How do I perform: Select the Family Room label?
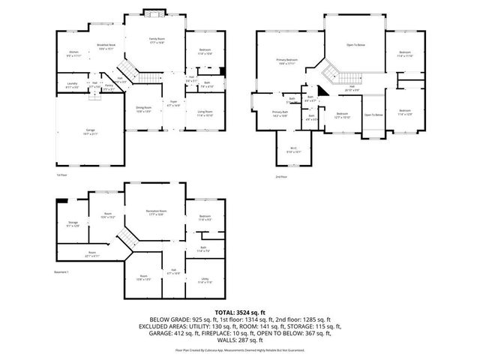pos(157,40)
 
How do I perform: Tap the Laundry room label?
pos(72,85)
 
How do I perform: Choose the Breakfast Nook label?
pos(106,46)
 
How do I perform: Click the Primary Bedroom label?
pos(287,61)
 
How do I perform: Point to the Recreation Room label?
pos(157,213)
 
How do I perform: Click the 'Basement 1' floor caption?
pos(61,271)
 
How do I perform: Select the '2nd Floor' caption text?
pos(281,176)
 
